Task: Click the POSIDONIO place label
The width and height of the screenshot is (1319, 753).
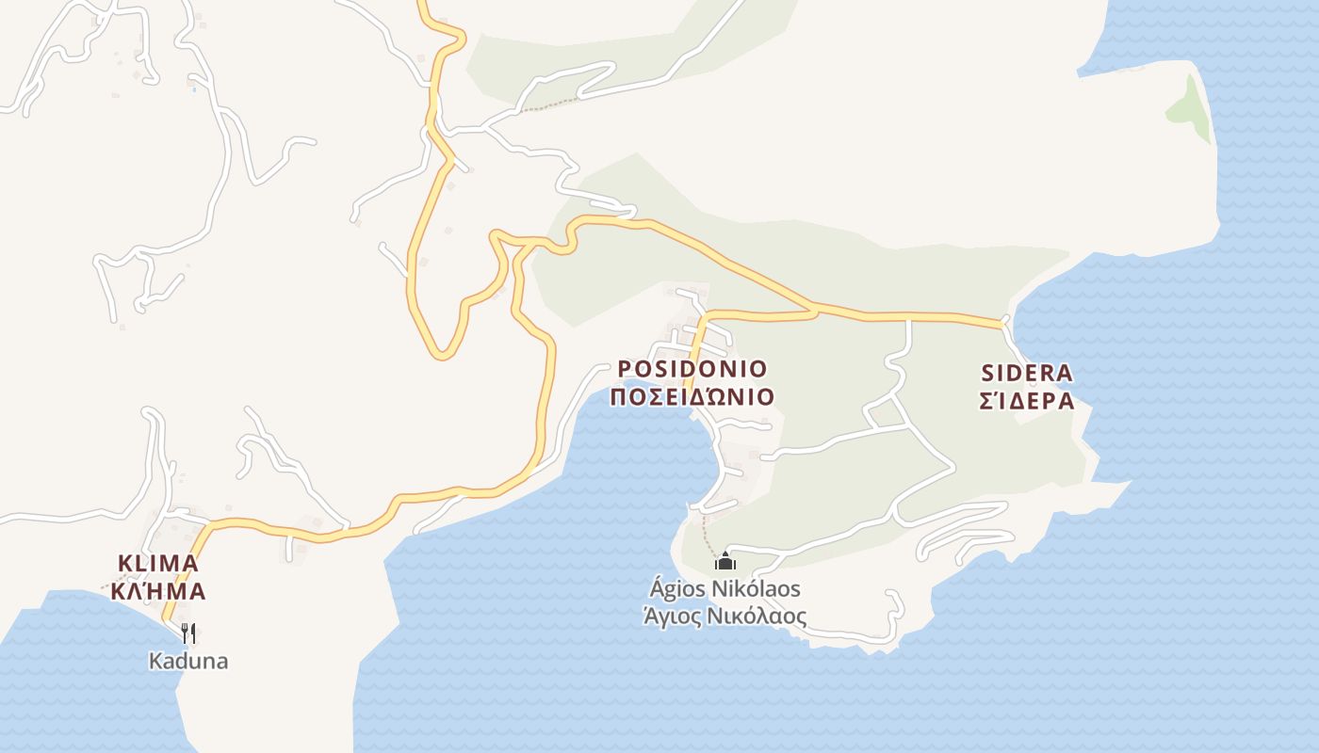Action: [x=692, y=368]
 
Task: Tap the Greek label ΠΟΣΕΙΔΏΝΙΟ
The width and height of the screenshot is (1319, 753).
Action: [x=692, y=396]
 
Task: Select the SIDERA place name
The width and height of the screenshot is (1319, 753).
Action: [x=1026, y=373]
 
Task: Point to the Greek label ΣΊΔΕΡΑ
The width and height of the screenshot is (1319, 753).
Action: [x=1026, y=401]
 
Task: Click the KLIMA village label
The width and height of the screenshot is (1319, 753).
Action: [x=157, y=563]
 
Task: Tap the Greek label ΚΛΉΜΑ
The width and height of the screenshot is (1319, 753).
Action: [x=157, y=591]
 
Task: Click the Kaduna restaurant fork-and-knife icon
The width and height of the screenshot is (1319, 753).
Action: [x=188, y=633]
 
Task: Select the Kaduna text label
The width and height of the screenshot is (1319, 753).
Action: [x=188, y=661]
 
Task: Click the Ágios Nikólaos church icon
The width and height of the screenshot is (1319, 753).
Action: [x=725, y=561]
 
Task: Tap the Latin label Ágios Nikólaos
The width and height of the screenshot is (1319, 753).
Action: [x=725, y=589]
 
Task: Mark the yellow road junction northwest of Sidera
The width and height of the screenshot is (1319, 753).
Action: [x=814, y=308]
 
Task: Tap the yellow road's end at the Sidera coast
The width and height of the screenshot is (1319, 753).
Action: [x=1001, y=324]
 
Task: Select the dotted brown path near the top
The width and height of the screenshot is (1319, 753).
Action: [x=546, y=106]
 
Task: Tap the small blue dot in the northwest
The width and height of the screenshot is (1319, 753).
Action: [x=194, y=89]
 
